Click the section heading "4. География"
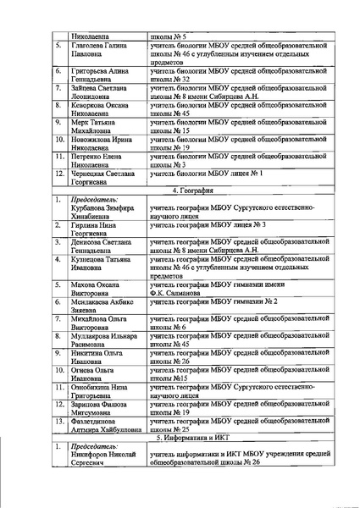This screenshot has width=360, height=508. coord(195,191)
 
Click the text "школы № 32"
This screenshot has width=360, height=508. coord(172,79)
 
